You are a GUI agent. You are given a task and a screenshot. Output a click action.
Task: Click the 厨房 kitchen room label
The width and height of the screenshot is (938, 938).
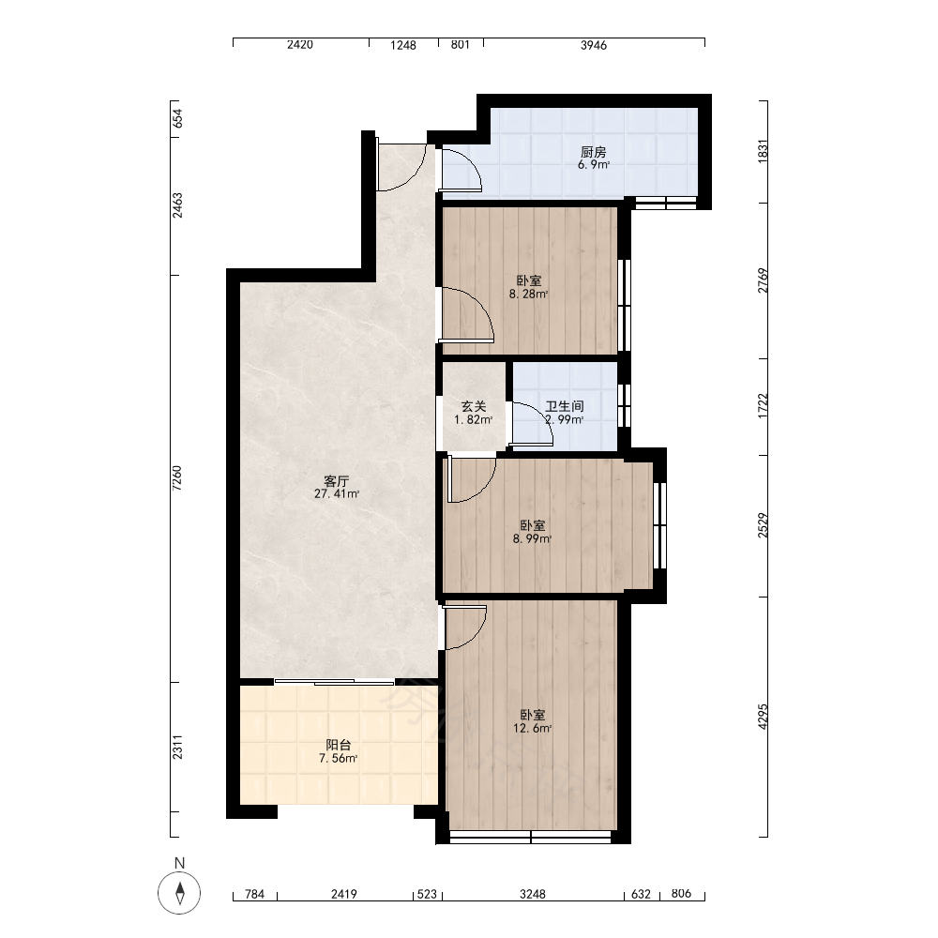coord(593,152)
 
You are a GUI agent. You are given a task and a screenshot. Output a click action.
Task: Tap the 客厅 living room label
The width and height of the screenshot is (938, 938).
coord(336,481)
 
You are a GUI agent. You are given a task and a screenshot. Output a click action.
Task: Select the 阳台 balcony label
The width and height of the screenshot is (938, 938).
coord(338,745)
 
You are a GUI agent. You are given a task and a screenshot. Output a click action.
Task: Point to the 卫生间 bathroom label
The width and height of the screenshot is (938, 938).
coord(564,407)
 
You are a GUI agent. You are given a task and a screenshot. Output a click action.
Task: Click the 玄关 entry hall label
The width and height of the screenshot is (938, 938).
coord(473,407)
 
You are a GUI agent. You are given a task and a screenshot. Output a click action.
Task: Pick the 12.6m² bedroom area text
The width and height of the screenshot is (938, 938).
coord(533,728)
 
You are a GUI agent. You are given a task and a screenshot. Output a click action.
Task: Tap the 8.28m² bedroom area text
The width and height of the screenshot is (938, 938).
coord(529,294)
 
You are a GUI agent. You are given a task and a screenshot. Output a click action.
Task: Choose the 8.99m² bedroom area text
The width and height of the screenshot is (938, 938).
coord(533,538)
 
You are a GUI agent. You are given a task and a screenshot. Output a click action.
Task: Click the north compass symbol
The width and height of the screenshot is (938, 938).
coord(179,893)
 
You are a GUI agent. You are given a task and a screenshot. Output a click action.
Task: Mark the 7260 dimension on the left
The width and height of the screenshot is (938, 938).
coord(177,478)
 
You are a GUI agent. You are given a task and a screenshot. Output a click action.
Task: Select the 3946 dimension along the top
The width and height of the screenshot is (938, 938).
coord(594,45)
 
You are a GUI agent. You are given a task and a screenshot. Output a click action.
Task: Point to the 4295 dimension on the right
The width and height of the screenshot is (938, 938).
coord(762,716)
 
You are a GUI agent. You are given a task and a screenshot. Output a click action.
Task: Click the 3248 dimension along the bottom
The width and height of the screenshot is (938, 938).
coord(533,894)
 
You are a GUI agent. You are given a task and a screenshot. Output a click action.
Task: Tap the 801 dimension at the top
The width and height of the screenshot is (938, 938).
coord(460,44)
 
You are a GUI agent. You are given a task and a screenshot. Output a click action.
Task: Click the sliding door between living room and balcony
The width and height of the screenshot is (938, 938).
coord(335,682)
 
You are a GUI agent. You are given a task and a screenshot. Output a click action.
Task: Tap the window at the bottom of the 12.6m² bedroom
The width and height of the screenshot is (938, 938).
coord(531,837)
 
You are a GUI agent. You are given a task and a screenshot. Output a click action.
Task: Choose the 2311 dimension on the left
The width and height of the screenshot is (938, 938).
coord(177,748)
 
